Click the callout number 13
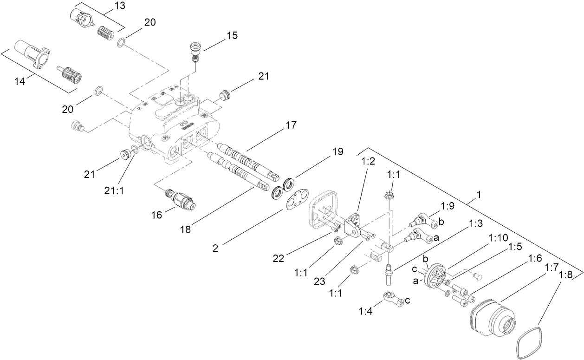[x=107, y=7]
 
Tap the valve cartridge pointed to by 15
[x=195, y=51]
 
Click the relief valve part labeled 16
[x=182, y=198]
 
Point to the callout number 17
[x=291, y=125]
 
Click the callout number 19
[x=337, y=151]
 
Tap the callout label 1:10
[x=498, y=237]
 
